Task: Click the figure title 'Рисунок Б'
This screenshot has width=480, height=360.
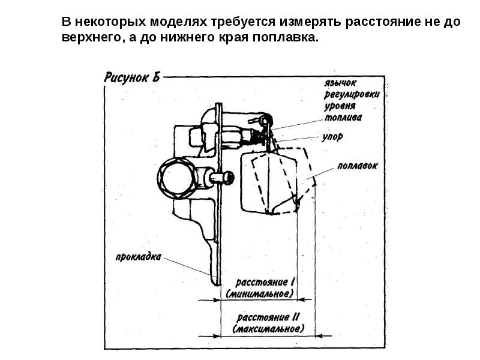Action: tap(132, 77)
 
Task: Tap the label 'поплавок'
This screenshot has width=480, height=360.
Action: tap(358, 166)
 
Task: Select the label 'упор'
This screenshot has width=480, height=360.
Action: tap(332, 137)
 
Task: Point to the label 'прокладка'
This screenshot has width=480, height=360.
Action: tap(139, 257)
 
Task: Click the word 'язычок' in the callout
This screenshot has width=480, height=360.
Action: tap(340, 83)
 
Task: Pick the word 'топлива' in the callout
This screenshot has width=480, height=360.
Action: tap(343, 117)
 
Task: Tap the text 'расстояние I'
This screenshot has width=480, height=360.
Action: tap(265, 282)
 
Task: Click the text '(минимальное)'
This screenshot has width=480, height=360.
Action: tap(260, 293)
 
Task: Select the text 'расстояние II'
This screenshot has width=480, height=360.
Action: tap(268, 317)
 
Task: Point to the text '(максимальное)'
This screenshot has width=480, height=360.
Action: tap(268, 329)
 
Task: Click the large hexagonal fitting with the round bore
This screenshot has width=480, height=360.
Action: tap(176, 178)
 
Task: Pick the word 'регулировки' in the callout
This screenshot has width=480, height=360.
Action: tap(352, 94)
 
